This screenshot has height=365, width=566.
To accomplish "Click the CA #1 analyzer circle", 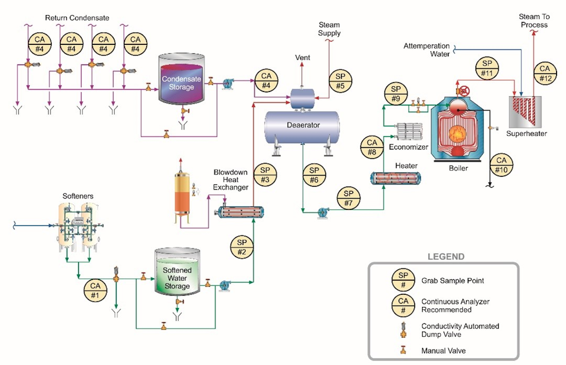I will pyautogui.click(x=96, y=290).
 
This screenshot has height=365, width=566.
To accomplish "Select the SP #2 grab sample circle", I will pyautogui.click(x=242, y=247).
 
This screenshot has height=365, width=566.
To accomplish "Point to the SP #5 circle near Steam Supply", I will pyautogui.click(x=340, y=81).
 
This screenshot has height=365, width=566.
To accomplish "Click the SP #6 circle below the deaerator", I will pyautogui.click(x=314, y=175).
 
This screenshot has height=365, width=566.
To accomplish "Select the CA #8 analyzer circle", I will pyautogui.click(x=372, y=147).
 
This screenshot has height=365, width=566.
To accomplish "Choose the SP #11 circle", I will pyautogui.click(x=488, y=68).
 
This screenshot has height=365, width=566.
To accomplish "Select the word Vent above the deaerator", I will pyautogui.click(x=302, y=58).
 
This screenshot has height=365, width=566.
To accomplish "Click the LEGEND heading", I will pyautogui.click(x=446, y=257).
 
